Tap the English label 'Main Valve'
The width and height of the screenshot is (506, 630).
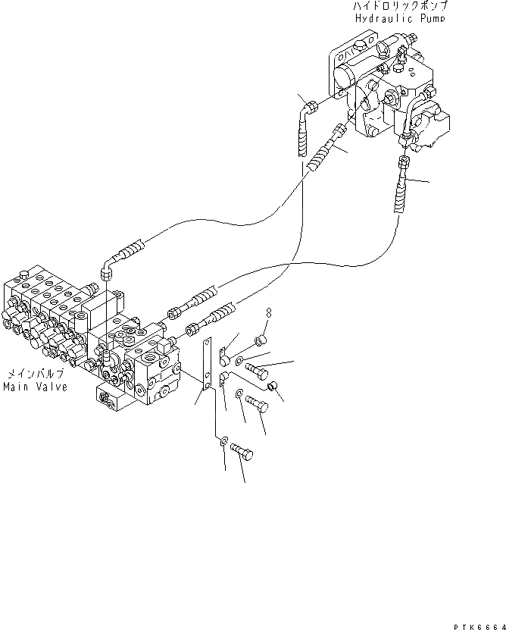click(x=34, y=387)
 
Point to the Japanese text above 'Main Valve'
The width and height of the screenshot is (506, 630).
click(x=36, y=374)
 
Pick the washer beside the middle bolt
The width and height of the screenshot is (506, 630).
click(x=239, y=394)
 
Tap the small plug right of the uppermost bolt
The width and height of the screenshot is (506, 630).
click(x=275, y=388)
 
